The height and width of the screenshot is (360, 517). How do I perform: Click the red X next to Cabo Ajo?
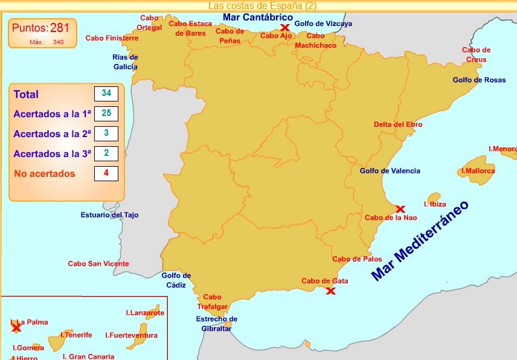tap(284, 28)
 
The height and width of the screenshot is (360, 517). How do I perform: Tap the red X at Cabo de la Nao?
tap(400, 209)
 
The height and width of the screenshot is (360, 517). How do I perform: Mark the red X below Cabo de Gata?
tap(330, 291)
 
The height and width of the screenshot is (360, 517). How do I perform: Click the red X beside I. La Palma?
tap(16, 328)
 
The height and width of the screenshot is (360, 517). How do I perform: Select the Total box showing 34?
tap(106, 94)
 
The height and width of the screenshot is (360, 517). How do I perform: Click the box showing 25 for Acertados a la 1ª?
tap(106, 114)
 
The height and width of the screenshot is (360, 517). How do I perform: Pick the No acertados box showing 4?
tap(106, 173)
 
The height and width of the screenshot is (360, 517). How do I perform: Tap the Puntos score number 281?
tap(60, 28)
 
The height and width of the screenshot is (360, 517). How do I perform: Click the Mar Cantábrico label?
tap(257, 18)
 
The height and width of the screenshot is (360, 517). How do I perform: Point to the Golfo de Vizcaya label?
tap(323, 24)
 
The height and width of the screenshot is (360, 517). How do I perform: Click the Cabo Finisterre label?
tap(112, 38)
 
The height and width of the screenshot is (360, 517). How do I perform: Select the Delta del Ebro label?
tap(398, 124)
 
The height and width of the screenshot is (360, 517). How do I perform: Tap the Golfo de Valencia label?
tap(390, 171)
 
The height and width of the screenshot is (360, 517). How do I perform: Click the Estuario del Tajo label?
tap(110, 215)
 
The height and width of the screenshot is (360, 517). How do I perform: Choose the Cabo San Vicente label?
tap(98, 264)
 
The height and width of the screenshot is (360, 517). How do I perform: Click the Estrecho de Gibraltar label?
tap(217, 324)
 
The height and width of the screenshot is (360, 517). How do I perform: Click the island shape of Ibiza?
tap(434, 198)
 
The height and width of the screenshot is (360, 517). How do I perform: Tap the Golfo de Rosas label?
tap(480, 80)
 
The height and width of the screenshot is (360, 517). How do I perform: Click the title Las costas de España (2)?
tap(262, 5)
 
